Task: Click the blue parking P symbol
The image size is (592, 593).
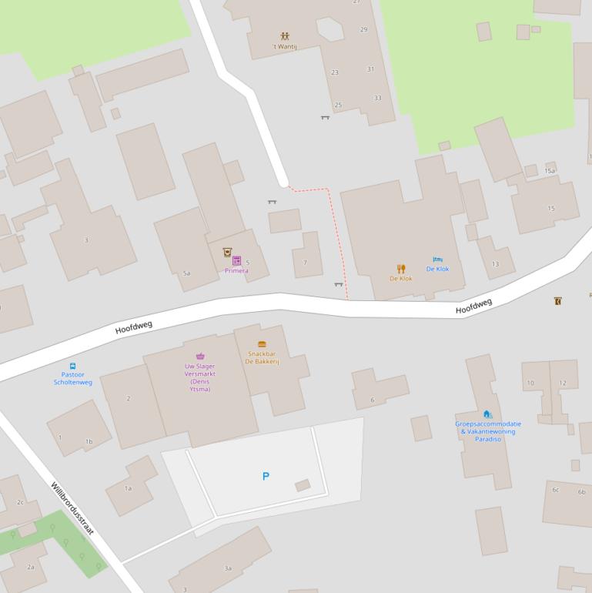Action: pyautogui.click(x=266, y=477)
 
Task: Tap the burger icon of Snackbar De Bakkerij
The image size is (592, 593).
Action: pyautogui.click(x=262, y=344)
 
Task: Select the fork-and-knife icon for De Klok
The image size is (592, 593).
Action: pyautogui.click(x=400, y=269)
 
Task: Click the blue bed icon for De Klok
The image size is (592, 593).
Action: pyautogui.click(x=437, y=260)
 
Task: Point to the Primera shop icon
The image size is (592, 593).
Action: pyautogui.click(x=236, y=261)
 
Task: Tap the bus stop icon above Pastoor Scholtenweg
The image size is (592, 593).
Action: pyautogui.click(x=72, y=367)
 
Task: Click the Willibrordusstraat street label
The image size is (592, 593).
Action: pyautogui.click(x=72, y=511)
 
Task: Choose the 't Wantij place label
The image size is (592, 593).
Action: pyautogui.click(x=285, y=46)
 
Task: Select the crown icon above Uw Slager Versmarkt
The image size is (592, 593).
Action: pyautogui.click(x=200, y=357)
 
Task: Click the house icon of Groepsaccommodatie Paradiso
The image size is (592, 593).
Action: pyautogui.click(x=487, y=414)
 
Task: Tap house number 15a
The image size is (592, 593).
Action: pyautogui.click(x=550, y=170)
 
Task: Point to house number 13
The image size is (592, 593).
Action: pyautogui.click(x=495, y=264)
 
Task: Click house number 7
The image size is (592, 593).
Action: pyautogui.click(x=305, y=263)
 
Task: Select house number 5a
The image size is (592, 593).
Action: pyautogui.click(x=186, y=273)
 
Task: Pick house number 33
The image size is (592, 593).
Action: pyautogui.click(x=377, y=98)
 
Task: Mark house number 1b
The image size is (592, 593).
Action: pyautogui.click(x=89, y=441)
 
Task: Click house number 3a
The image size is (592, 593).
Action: pyautogui.click(x=228, y=568)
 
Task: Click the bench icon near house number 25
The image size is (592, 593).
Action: pyautogui.click(x=325, y=117)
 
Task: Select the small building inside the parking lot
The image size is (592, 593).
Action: pyautogui.click(x=303, y=485)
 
